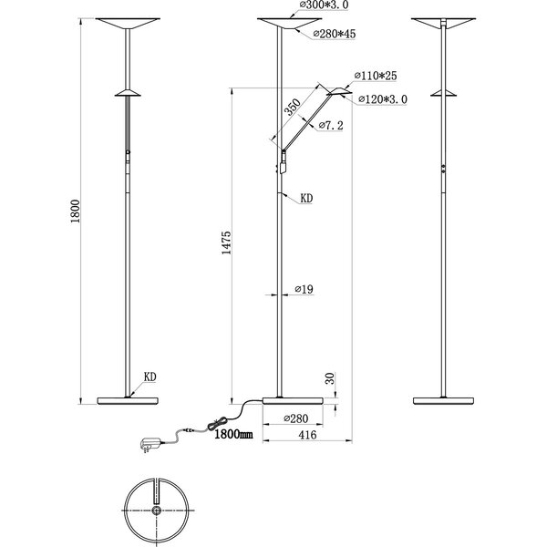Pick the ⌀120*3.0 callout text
[385, 98]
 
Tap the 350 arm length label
[292, 107]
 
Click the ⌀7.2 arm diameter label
[330, 127]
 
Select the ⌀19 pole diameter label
[304, 289]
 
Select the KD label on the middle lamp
[306, 195]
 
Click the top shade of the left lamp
[128, 23]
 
